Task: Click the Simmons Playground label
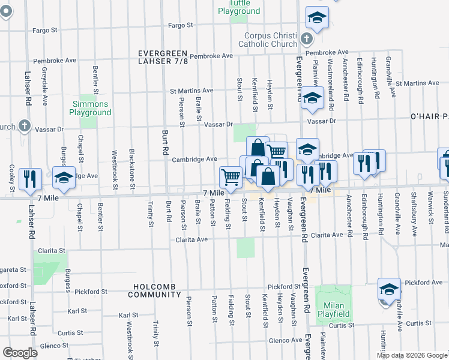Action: point(89,108)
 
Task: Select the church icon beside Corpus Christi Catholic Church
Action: point(307,40)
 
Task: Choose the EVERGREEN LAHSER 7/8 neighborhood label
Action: point(163,57)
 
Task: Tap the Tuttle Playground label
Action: point(239,7)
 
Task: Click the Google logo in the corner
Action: point(20,353)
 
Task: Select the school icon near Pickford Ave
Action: point(389,289)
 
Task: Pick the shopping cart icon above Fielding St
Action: point(231,176)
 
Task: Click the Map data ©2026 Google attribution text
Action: point(411,355)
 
